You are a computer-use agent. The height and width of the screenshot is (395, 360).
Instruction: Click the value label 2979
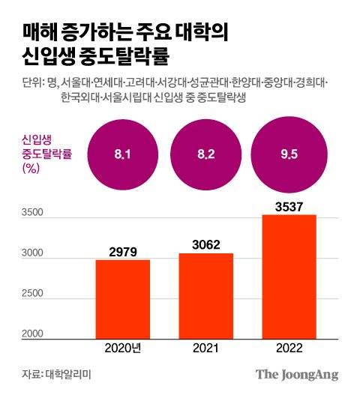[123, 250]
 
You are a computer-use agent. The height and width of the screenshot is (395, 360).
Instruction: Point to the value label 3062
[206, 244]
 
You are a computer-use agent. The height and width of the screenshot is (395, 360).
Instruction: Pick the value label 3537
[289, 205]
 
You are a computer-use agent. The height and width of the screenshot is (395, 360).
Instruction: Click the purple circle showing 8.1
[123, 155]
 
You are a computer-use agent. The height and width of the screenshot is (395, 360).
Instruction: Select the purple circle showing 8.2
[206, 155]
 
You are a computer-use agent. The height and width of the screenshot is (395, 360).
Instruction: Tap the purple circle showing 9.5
[289, 155]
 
